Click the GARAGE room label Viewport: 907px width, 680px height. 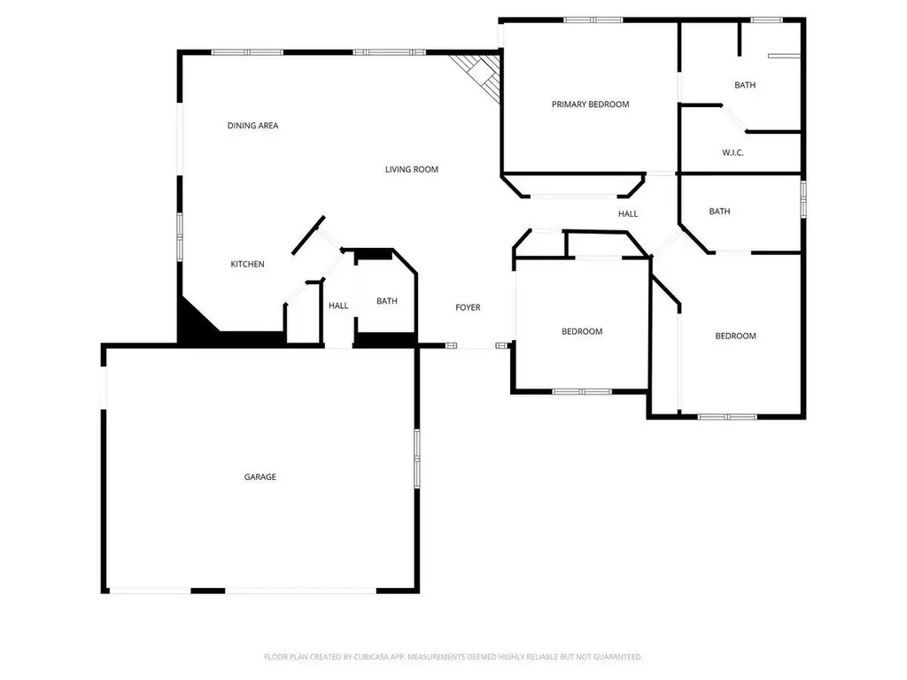point(260,477)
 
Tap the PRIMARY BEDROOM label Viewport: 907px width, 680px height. point(590,104)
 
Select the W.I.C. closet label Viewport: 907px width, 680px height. point(733,153)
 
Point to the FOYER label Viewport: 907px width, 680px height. point(468,307)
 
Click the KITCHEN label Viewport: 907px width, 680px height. point(248,264)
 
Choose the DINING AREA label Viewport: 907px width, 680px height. point(252,126)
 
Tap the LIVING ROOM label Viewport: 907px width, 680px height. point(412,169)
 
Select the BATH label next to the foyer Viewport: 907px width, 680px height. point(387,301)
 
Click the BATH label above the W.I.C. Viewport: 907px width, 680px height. point(745,85)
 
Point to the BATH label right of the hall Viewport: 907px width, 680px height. point(719,212)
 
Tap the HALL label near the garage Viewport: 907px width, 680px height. point(338,305)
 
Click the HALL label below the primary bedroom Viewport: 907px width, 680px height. point(628,214)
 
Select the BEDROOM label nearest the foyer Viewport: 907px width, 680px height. point(582,332)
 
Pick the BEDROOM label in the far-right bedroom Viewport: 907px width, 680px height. point(736,336)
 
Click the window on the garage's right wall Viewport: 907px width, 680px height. point(416,459)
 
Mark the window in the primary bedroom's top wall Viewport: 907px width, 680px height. point(593,20)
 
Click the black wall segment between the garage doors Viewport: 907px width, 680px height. point(207,591)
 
